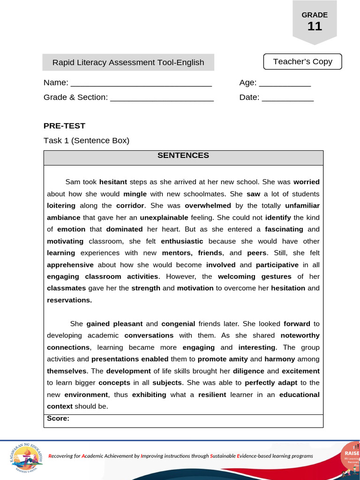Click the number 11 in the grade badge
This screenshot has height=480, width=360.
[315, 26]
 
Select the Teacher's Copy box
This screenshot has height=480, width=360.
[302, 61]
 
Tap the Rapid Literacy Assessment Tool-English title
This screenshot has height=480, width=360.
[128, 62]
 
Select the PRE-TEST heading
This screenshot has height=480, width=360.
[64, 126]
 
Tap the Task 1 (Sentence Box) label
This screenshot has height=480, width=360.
[86, 140]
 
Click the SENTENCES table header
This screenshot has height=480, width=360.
[183, 156]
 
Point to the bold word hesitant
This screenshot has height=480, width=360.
[113, 182]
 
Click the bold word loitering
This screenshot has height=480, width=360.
[61, 205]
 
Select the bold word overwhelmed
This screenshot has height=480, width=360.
[208, 205]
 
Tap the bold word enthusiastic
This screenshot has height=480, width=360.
[182, 241]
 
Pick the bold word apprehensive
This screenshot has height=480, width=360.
[70, 265]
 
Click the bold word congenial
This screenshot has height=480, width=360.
[178, 323]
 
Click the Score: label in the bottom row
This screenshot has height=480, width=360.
[58, 419]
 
